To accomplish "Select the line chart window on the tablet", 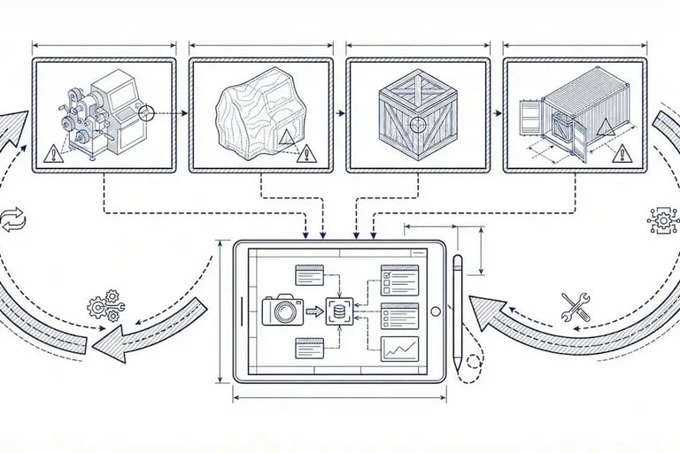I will point(398,349).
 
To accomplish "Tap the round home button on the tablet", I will point(435,311).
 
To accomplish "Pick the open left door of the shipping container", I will point(530,122).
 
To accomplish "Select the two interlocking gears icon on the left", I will point(105,305).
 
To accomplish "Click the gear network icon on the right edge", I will point(663,220).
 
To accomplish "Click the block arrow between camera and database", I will point(314,311).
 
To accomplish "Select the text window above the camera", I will point(311,275).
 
